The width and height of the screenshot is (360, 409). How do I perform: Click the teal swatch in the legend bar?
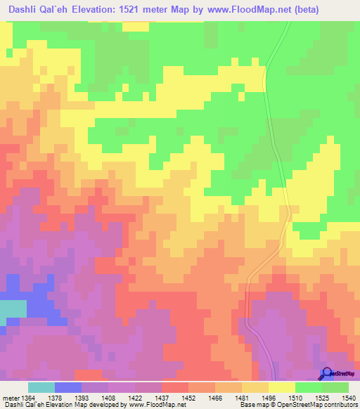coord(41,387)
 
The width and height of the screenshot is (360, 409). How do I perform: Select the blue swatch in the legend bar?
coord(68,387)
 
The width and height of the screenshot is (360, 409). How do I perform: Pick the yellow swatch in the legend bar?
coord(281,387)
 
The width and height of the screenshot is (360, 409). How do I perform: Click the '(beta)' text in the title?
coord(309,10)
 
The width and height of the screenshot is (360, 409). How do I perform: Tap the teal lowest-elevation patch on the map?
coord(12,310)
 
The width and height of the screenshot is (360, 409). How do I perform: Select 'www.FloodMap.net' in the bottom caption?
coord(150,405)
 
